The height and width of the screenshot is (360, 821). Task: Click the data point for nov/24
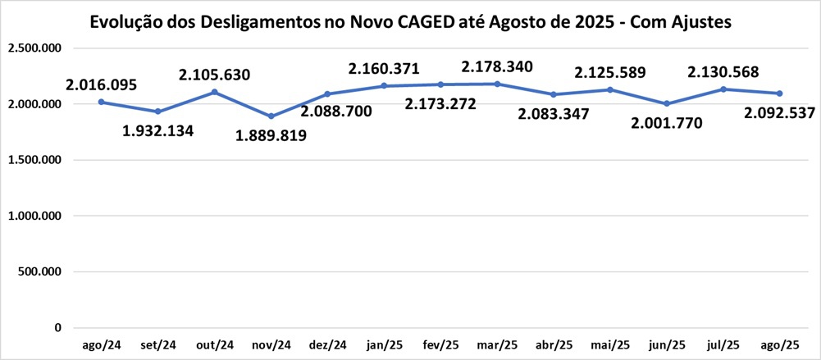coord(271,116)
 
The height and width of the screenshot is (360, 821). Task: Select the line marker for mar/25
coord(497,84)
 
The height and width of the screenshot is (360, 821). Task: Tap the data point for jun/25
coord(667,103)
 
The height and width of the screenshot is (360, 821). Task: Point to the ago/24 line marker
coord(101,102)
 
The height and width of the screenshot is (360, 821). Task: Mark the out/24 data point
coord(214,92)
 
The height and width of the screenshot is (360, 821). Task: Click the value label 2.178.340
coord(497,66)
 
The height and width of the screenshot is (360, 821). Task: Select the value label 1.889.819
coord(271,135)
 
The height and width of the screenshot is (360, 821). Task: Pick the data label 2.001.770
coord(667,124)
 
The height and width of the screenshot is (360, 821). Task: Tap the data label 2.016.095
coord(102,84)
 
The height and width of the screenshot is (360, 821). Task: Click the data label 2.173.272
coord(441,103)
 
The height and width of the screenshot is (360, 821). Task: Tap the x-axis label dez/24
coord(327,345)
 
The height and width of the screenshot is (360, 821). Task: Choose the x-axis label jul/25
coord(723,345)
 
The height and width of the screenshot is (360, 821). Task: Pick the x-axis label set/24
coord(157,345)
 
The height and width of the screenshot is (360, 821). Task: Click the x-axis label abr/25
coord(554,345)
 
